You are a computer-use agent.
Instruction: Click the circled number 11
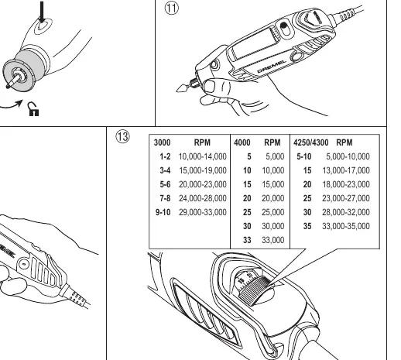[x=172, y=8]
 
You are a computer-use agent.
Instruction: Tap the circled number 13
[x=122, y=136]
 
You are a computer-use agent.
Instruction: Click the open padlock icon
[x=33, y=109]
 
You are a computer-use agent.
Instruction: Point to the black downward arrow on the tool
[x=42, y=12]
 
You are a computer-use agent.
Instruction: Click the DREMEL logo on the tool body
[x=272, y=67]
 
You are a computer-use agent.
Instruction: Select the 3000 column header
[x=162, y=142]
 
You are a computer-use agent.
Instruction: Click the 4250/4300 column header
[x=310, y=142]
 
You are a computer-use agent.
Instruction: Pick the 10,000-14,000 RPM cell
[x=203, y=156]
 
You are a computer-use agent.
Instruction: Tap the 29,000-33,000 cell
[x=203, y=212]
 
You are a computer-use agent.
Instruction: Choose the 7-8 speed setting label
[x=165, y=198]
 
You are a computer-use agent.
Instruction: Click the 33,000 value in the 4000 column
[x=273, y=240]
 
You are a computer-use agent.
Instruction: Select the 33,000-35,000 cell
[x=346, y=226]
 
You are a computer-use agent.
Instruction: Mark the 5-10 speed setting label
[x=304, y=156]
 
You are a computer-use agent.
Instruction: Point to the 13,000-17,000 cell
[x=346, y=170]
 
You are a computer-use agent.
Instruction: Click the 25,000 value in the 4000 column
[x=273, y=212]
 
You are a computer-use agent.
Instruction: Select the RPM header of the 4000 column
[x=272, y=142]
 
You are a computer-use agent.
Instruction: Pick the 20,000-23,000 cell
[x=203, y=184]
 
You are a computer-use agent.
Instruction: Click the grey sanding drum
[x=29, y=66]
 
